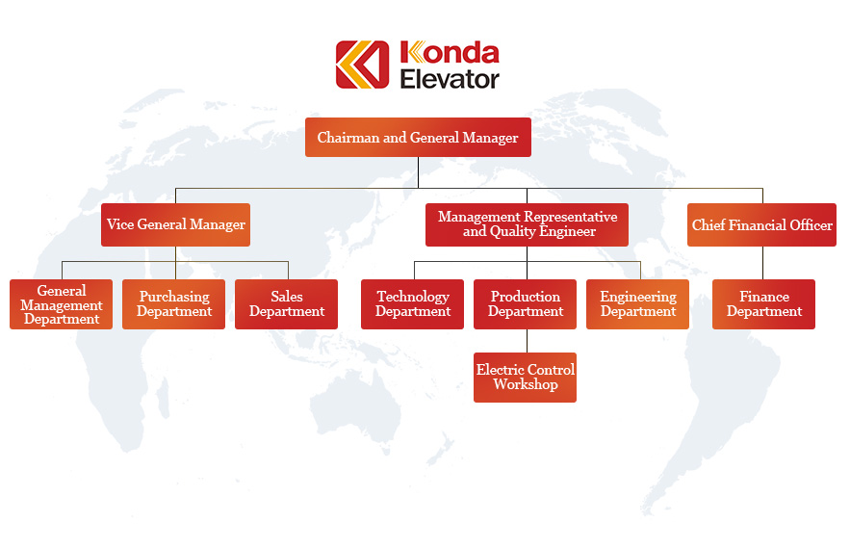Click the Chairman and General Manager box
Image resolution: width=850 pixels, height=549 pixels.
[x=418, y=137]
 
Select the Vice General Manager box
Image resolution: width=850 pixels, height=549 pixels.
[x=175, y=224]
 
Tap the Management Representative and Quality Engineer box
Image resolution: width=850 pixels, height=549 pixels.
[x=527, y=224]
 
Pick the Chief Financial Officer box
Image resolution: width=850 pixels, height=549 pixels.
[x=761, y=224]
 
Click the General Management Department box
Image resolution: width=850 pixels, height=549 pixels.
[x=62, y=304]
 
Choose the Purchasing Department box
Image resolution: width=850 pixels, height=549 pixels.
[x=173, y=304]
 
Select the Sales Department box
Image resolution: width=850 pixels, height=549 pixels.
[x=286, y=304]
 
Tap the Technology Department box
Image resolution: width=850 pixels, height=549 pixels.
[x=413, y=304]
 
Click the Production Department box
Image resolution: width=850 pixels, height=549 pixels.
[x=525, y=304]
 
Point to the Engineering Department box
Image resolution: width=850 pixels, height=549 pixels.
[x=637, y=304]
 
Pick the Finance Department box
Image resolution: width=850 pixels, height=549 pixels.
[x=763, y=304]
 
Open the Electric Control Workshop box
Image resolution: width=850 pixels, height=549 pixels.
[x=525, y=378]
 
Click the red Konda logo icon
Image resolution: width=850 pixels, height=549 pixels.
[x=362, y=65]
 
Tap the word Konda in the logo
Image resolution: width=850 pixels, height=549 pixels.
[x=450, y=53]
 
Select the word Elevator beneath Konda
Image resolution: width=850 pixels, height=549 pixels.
[x=450, y=79]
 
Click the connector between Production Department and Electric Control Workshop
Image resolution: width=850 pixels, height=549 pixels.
[x=527, y=341]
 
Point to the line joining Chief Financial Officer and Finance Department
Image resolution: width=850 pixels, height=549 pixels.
[x=762, y=263]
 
